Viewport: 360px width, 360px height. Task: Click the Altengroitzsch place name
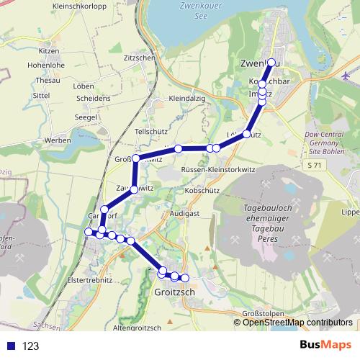click(138, 328)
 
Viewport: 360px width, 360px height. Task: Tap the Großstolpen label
click(261, 313)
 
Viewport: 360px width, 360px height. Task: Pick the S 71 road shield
click(312, 166)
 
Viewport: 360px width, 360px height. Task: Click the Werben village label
click(56, 139)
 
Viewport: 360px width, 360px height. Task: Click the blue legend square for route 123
click(10, 346)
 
